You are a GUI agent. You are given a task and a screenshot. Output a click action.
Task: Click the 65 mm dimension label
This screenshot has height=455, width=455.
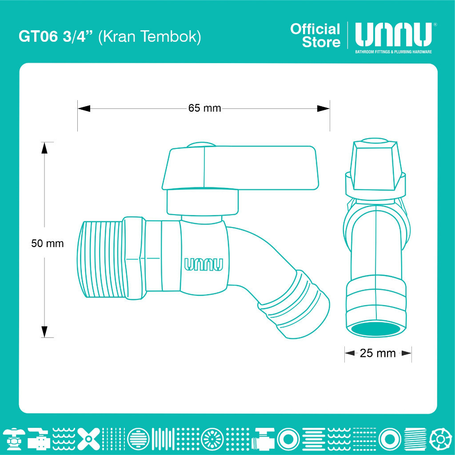coord(204,108)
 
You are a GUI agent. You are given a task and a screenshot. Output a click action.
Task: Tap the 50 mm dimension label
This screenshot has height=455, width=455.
coord(47,243)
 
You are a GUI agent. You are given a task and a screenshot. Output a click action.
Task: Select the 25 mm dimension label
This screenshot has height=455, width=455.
coord(378,353)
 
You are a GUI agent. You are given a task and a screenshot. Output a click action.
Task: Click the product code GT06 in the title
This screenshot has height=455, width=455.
coord(38,36)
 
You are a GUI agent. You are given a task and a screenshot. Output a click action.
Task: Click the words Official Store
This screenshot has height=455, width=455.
coord(315,36)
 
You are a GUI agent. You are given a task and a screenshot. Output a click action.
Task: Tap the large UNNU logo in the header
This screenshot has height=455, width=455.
coord(394,35)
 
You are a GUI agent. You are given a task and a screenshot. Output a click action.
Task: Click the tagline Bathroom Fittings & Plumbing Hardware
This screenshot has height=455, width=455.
coord(394,52)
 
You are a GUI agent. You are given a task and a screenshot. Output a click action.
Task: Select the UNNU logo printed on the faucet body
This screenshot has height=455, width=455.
coord(204,264)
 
